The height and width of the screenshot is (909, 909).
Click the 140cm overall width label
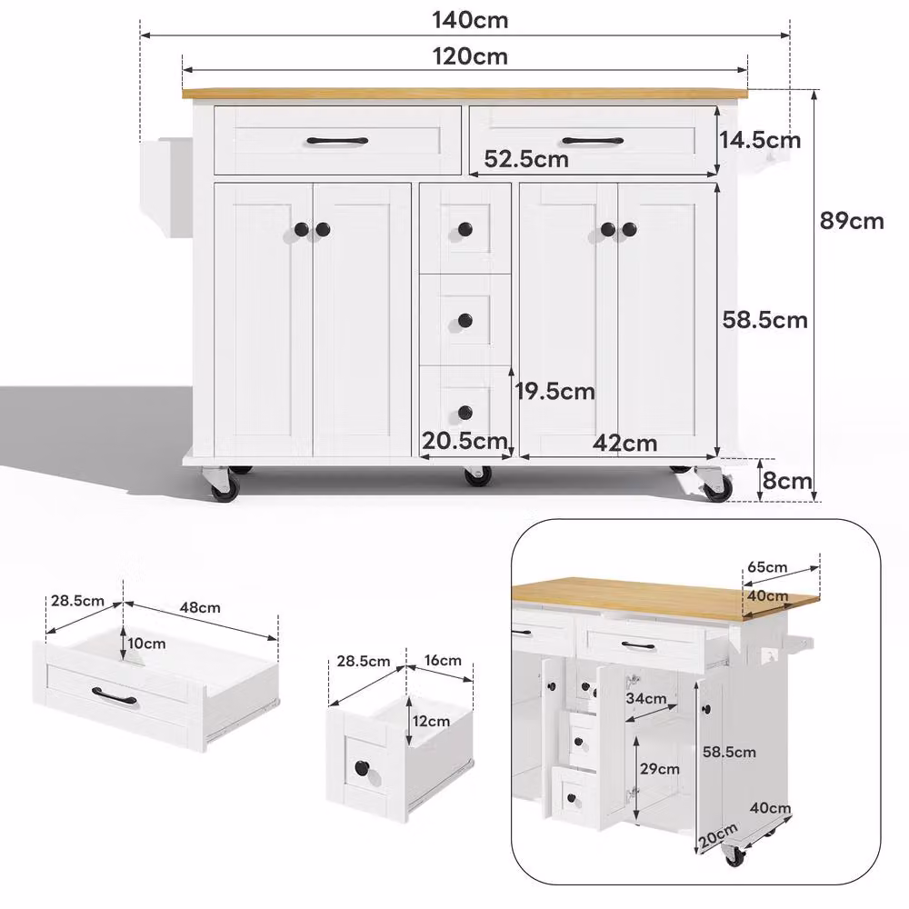[x=470, y=20]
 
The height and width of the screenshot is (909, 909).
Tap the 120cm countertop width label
[x=470, y=56]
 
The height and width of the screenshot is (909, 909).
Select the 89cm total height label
[x=852, y=221]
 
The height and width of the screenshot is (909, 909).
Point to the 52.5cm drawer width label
[x=526, y=159]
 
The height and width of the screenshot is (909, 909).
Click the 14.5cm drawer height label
[x=760, y=140]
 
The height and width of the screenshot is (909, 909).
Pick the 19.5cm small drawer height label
[x=555, y=391]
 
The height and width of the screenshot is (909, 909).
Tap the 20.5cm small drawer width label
[x=464, y=441]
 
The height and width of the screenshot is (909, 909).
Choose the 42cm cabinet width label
[x=625, y=444]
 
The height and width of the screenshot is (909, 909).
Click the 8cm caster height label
[x=786, y=481]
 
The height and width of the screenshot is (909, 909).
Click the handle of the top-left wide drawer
[x=337, y=140]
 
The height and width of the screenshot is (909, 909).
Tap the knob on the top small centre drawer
[x=464, y=229]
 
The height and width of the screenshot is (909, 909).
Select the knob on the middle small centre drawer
[x=464, y=320]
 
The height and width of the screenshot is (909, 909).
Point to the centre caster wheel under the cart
[x=478, y=475]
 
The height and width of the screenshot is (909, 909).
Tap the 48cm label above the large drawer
[x=200, y=607]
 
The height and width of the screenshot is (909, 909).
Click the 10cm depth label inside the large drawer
[x=146, y=644]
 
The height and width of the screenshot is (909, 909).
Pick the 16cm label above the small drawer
[x=443, y=660]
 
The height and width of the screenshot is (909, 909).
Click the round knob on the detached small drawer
[x=363, y=769]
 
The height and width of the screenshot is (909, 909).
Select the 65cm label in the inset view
[x=767, y=566]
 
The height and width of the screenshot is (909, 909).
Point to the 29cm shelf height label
[x=660, y=769]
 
